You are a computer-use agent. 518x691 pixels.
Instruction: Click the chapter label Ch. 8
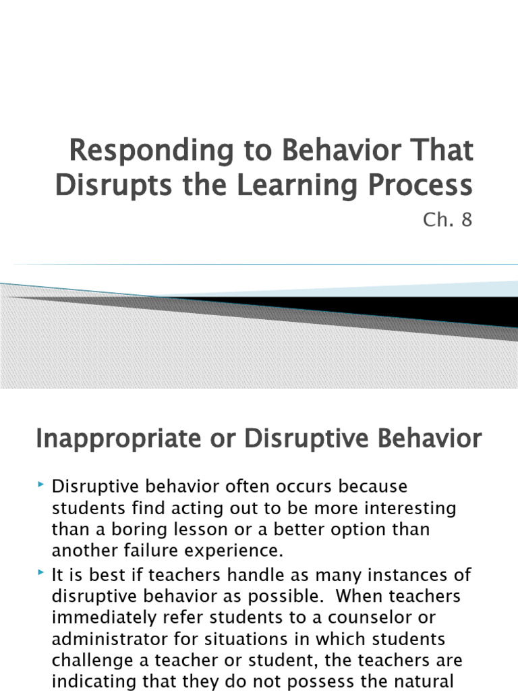(448, 220)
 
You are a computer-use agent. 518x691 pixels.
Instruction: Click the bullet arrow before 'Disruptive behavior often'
(42, 485)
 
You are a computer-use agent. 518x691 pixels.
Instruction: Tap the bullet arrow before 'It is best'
(42, 574)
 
